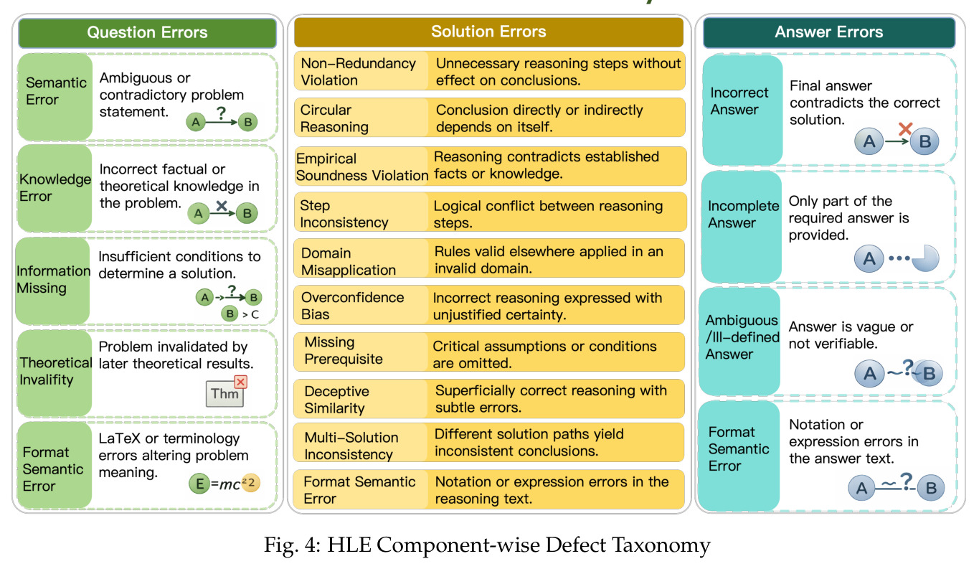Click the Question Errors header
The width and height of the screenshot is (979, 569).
(147, 33)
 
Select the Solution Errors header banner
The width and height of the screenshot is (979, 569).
(488, 32)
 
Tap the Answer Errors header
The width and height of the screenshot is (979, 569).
(828, 32)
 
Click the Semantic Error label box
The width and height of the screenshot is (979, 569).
(55, 97)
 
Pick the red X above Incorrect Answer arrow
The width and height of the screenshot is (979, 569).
(905, 128)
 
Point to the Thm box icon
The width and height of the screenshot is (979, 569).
(224, 393)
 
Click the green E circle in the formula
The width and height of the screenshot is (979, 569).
(199, 484)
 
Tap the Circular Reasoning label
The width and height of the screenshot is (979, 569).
(334, 118)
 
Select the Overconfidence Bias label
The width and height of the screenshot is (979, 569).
(352, 306)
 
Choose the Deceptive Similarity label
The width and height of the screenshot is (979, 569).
(336, 400)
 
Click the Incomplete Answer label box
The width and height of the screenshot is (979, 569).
(742, 227)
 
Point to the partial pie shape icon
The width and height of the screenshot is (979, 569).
(925, 258)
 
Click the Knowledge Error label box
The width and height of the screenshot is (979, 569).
(55, 188)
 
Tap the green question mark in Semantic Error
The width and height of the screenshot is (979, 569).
(222, 113)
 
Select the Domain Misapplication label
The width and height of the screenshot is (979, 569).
(349, 261)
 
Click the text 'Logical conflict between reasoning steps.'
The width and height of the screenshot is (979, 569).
(548, 215)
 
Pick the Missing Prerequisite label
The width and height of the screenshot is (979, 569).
(344, 350)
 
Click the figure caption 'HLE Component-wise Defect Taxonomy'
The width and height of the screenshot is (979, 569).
(519, 545)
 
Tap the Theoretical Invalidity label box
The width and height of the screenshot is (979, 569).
(55, 372)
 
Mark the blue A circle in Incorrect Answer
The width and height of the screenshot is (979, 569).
(869, 141)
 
